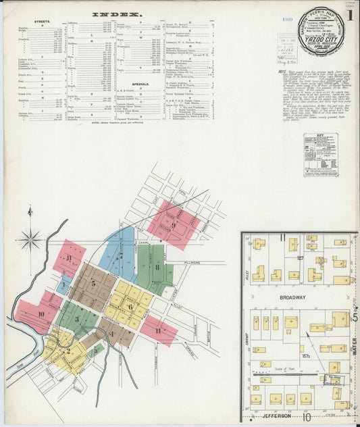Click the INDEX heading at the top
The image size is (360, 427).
[x=117, y=14]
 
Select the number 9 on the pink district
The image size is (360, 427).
[x=174, y=224]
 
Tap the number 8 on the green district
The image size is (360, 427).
[x=157, y=267]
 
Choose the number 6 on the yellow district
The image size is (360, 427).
[x=130, y=306]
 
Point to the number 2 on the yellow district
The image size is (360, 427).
[x=68, y=350]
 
